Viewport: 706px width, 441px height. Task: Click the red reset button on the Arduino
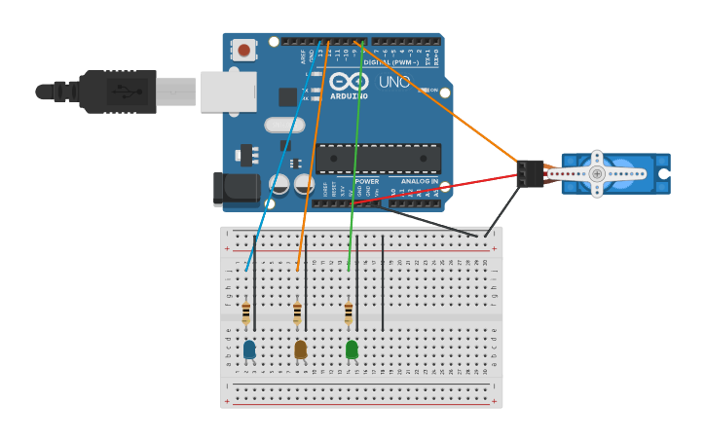(243, 49)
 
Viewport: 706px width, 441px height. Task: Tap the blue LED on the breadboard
(249, 349)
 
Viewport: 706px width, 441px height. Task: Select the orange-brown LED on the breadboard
(300, 349)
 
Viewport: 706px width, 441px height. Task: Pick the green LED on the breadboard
(352, 349)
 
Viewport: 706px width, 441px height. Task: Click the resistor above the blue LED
(245, 312)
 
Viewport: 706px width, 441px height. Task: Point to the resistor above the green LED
(348, 312)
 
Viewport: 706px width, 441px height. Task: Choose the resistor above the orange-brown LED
(297, 312)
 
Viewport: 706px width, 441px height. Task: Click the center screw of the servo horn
(597, 173)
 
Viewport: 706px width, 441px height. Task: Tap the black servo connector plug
(531, 173)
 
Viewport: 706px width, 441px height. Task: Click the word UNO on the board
(393, 83)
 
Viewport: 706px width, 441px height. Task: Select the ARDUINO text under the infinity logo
(349, 96)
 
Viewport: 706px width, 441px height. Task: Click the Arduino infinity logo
(349, 81)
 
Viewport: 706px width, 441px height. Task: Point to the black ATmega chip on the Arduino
(378, 159)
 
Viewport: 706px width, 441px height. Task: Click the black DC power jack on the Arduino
(236, 188)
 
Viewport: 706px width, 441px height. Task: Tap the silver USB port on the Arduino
(228, 92)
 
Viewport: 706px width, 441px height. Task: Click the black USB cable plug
(117, 92)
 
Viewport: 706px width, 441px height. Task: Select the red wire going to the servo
(438, 189)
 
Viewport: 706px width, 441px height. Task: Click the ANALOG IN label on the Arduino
(420, 181)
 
